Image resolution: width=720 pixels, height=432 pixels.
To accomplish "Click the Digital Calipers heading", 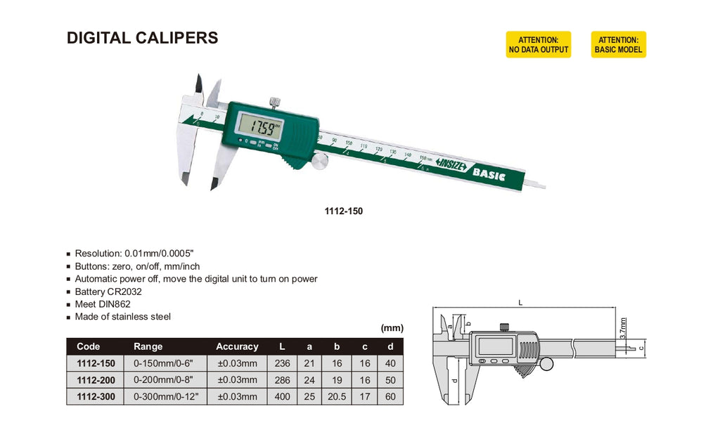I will tap(142, 38).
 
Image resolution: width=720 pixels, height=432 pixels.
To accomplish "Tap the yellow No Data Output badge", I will tap(538, 44).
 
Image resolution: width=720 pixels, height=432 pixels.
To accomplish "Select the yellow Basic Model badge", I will tap(618, 44).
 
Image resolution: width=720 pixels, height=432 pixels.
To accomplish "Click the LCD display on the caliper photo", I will tap(259, 128).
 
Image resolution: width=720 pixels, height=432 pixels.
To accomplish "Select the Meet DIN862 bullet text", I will tap(103, 304).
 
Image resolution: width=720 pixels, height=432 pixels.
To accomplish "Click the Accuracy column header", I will tap(237, 346).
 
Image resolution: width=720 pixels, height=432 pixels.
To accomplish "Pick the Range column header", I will tap(148, 346).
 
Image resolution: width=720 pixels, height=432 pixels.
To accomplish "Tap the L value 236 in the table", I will tap(282, 363).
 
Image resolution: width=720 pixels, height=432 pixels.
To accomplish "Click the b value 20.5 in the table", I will tap(337, 397).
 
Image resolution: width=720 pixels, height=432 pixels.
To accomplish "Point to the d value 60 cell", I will tap(390, 397).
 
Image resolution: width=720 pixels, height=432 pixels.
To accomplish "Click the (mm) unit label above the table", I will tap(392, 328).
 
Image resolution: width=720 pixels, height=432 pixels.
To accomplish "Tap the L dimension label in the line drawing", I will tap(520, 303).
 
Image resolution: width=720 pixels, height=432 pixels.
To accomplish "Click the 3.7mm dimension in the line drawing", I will tap(623, 328).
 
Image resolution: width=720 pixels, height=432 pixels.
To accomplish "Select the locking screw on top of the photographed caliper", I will tap(274, 101).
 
